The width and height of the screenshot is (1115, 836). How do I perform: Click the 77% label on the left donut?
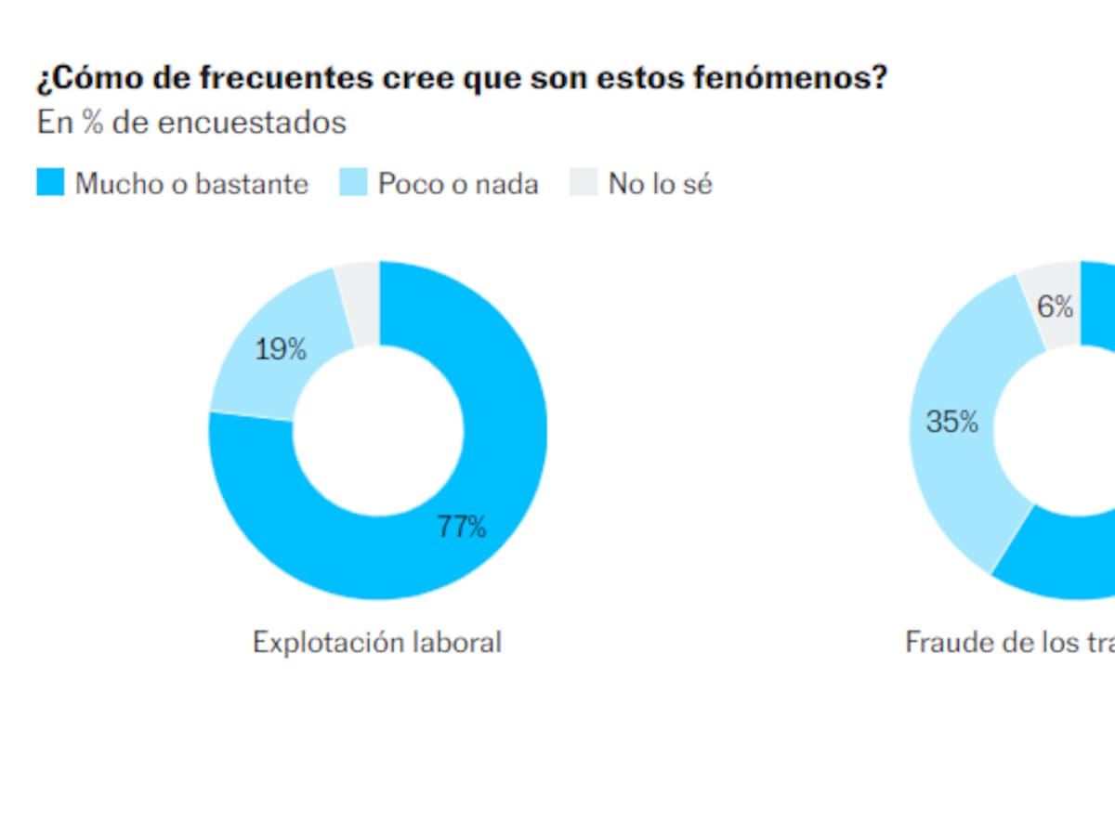pos(462,528)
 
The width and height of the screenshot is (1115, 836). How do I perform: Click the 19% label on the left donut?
pos(281,350)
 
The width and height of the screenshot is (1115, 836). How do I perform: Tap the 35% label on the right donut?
pos(952,423)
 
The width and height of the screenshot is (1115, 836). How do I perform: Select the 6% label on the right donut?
pos(1056,307)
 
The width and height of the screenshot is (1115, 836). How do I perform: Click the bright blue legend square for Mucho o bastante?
pos(50,183)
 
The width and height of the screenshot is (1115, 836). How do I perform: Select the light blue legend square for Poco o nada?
pos(353,183)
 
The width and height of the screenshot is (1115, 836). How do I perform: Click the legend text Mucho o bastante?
pos(191,184)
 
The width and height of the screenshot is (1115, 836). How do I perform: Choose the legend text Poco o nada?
pos(458,184)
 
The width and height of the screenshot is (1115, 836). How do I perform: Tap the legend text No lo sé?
pos(661,184)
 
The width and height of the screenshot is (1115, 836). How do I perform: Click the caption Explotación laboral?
pos(377,642)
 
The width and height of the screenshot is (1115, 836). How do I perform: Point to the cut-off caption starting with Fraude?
pos(1009,642)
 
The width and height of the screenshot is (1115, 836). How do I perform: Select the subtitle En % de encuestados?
pos(191,123)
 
